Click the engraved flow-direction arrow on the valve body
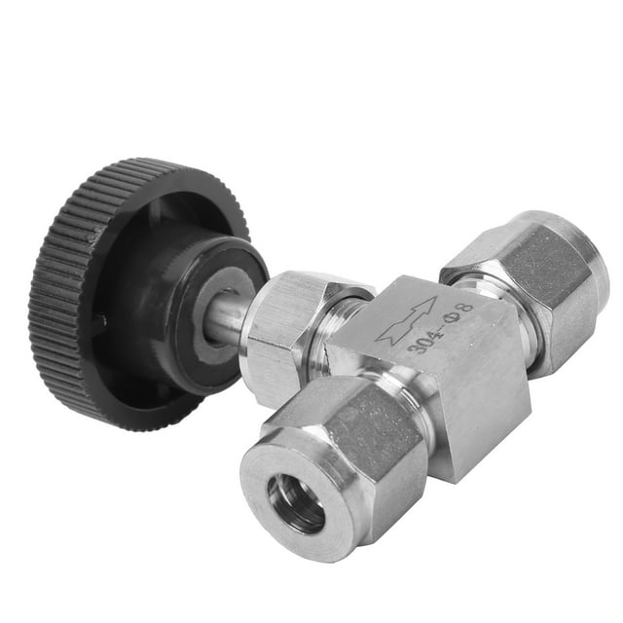tap(407, 319)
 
